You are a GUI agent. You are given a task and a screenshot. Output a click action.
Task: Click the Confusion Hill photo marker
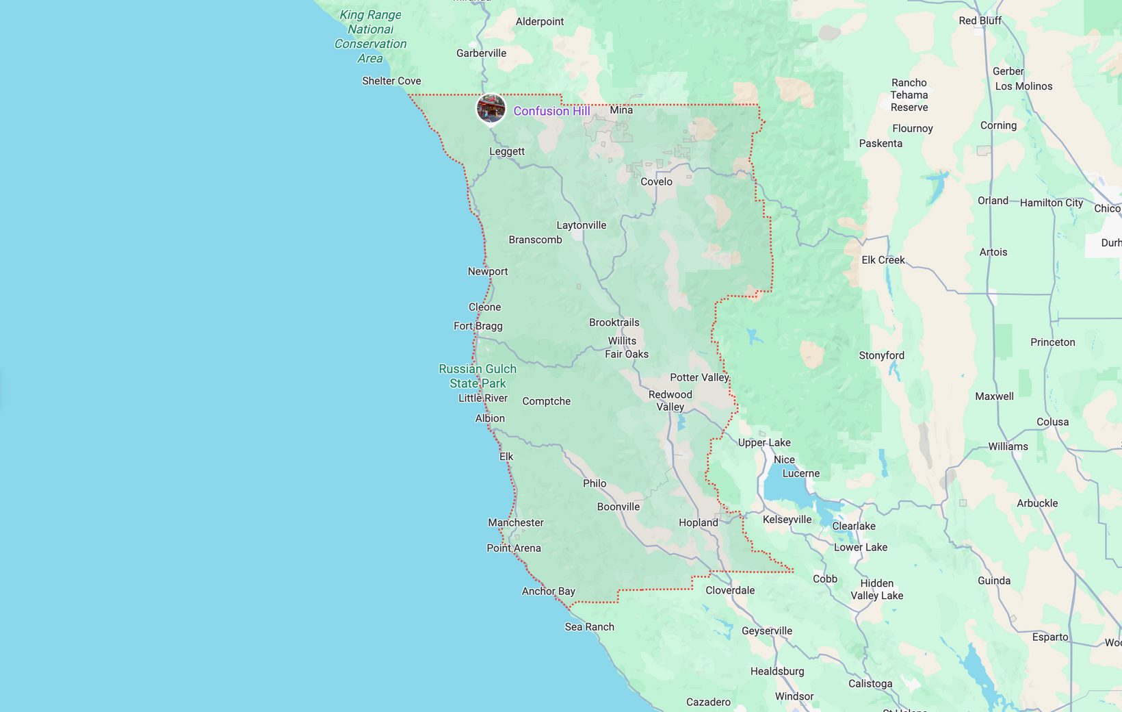click(491, 108)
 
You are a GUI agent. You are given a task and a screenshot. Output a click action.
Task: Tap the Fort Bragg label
click(478, 326)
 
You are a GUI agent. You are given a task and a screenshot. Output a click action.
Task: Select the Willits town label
click(622, 341)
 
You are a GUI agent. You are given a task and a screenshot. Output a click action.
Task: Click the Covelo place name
click(656, 181)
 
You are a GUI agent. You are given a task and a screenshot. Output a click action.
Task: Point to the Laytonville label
click(581, 225)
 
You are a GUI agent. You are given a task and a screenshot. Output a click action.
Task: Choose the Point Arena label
click(514, 548)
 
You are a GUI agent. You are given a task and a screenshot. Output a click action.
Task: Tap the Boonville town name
click(618, 507)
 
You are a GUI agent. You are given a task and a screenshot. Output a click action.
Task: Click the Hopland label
click(698, 522)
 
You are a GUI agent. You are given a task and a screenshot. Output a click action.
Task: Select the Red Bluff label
click(980, 21)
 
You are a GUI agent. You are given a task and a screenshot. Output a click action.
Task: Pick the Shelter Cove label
click(391, 81)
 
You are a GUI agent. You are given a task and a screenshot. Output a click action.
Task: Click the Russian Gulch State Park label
click(478, 376)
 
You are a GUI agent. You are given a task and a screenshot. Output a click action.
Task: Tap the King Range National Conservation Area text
click(370, 36)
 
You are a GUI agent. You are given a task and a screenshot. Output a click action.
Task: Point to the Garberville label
click(481, 53)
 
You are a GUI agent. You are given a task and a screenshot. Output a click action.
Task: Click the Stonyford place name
click(881, 355)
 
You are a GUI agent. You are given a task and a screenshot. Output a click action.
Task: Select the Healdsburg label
click(777, 671)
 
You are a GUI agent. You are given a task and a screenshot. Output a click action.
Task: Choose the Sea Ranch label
click(589, 626)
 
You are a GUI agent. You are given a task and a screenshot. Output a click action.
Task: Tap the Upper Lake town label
click(764, 442)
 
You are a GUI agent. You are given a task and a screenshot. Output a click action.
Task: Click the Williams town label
click(1008, 446)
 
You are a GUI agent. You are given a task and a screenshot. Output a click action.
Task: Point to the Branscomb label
click(535, 240)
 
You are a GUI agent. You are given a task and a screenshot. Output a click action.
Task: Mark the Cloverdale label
click(730, 590)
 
